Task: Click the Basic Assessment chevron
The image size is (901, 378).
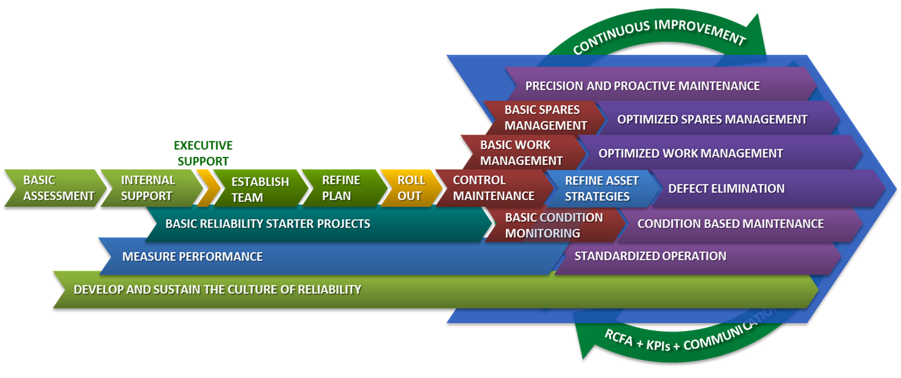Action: click(58, 188)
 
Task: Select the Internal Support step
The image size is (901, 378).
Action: click(148, 188)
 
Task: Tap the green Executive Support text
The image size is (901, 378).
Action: click(203, 153)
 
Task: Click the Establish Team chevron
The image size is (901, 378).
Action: click(259, 189)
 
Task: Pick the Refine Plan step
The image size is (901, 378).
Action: click(341, 188)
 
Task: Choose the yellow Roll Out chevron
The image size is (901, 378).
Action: click(410, 188)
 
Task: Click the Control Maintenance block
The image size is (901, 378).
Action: click(493, 188)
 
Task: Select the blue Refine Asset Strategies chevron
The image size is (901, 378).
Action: click(601, 188)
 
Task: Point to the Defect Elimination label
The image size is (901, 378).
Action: click(726, 189)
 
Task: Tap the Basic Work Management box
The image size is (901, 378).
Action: click(521, 153)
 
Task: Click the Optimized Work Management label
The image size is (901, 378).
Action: click(690, 154)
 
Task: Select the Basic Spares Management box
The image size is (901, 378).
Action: click(545, 118)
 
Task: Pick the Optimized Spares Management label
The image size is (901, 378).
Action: click(712, 120)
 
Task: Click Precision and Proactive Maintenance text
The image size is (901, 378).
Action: click(642, 86)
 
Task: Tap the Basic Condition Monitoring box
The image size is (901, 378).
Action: click(553, 225)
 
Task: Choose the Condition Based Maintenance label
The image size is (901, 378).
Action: click(730, 224)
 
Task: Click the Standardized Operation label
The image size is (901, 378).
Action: click(650, 256)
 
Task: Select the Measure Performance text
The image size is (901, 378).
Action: click(192, 257)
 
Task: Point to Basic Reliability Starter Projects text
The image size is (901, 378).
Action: click(267, 224)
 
